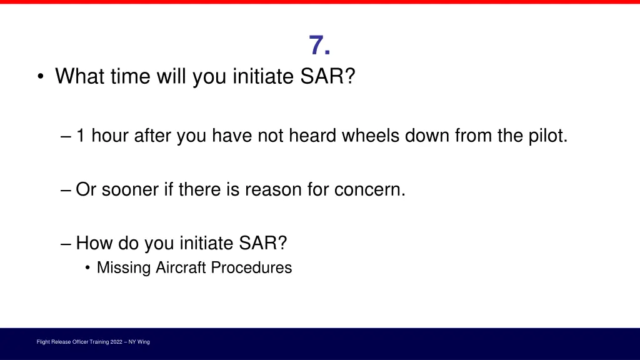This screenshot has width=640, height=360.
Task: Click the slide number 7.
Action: point(319,46)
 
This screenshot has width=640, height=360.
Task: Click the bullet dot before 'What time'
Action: point(41,77)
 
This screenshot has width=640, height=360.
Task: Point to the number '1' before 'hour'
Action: point(81,136)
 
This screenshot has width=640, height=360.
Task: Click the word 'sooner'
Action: point(130,189)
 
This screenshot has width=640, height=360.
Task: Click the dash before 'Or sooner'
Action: point(67,189)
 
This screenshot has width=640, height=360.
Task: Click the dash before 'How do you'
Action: point(67,242)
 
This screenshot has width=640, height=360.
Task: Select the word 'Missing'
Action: point(124,267)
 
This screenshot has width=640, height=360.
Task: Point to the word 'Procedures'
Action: point(251,267)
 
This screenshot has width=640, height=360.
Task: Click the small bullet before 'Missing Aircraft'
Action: point(88,268)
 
